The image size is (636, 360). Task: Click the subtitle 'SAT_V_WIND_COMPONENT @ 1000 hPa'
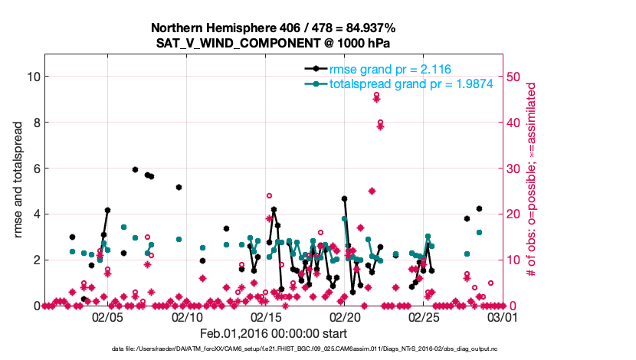coord(274,44)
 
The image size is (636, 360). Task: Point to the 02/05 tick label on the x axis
coord(107,316)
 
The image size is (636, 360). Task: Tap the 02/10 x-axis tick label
coord(187,316)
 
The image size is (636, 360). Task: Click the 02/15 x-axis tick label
coord(266,316)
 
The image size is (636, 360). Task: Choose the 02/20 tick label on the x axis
coord(345,316)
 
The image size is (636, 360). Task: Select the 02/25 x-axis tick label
coord(424,316)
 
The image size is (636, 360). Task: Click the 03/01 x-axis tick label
coord(503,316)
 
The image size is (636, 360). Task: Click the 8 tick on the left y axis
coord(34,123)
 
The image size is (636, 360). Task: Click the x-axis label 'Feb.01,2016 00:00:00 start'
coord(274,334)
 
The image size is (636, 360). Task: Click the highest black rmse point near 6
coord(135,169)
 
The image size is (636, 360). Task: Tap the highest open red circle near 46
coord(376,96)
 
